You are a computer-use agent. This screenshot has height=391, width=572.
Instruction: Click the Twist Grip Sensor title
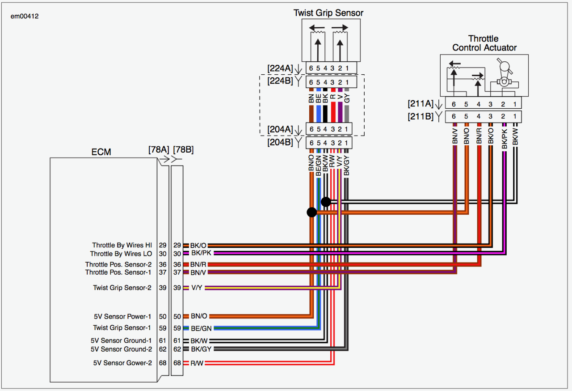point(328,13)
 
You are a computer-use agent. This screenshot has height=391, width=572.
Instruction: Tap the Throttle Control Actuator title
point(484,43)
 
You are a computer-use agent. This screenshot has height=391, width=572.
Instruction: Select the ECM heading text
point(101,152)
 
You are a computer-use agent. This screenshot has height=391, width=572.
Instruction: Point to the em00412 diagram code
point(24,16)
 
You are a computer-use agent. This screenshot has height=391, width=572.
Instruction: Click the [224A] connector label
point(280,68)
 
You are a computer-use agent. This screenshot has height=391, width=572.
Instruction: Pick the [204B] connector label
point(280,143)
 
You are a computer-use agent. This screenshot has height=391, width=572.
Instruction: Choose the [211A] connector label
point(420,104)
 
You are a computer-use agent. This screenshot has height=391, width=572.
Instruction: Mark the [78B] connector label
point(183,149)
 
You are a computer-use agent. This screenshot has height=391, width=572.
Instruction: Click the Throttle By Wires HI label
point(122,245)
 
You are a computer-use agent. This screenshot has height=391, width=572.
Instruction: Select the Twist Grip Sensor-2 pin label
point(122,288)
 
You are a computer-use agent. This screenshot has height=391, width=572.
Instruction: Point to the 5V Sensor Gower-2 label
point(122,363)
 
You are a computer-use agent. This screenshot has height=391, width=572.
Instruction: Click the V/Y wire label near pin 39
point(197,288)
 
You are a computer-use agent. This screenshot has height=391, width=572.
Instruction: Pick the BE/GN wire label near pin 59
point(201,328)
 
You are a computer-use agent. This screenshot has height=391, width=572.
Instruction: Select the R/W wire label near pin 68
point(197,363)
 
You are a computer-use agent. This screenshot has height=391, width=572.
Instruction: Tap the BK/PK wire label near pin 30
point(200,253)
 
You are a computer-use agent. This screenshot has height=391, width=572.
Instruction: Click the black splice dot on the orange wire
point(312,212)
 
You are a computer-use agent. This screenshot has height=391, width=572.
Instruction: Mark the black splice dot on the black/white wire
point(326,202)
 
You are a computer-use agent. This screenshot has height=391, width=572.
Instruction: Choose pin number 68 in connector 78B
point(177,363)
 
